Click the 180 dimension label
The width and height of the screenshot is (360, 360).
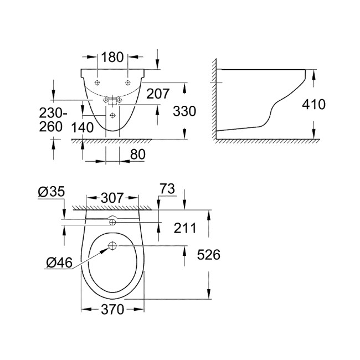tap(112, 56)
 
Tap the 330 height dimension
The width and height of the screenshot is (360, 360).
tap(184, 111)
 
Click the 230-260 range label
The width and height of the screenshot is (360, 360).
tap(54, 119)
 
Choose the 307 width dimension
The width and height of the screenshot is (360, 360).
tap(112, 198)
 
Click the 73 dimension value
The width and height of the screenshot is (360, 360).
tap(167, 190)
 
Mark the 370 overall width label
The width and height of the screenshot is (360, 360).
tap(112, 310)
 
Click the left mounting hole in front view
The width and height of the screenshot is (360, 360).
tap(97, 83)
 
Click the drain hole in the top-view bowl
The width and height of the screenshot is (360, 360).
tap(112, 245)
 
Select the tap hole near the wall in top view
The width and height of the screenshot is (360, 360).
tap(112, 222)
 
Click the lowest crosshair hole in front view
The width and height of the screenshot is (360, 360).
tap(112, 115)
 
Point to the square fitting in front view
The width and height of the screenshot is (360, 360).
tap(112, 100)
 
